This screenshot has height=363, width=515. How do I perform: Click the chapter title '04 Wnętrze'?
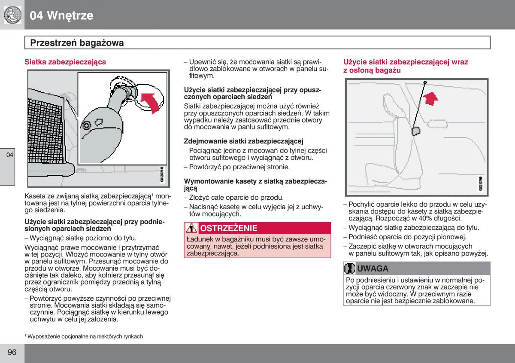coord(61,16)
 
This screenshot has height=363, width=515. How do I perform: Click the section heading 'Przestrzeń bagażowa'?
coord(77,43)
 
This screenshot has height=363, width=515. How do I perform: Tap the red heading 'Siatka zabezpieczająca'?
coord(65,62)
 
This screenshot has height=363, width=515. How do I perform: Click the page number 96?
coord(12,353)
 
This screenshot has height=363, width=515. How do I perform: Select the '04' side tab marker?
coord(10,155)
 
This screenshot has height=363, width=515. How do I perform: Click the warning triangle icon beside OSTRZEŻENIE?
coord(192,228)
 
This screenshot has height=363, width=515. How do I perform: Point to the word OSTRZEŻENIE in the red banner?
coord(229,228)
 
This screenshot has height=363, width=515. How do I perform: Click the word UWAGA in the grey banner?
coord(373,269)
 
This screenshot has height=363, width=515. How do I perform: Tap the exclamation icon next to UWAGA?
coord(350,269)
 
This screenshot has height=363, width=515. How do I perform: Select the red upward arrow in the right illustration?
coord(430,98)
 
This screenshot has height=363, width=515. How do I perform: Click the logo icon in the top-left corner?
coord(12,15)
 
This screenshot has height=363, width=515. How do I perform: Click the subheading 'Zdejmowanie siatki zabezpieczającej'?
coord(244,141)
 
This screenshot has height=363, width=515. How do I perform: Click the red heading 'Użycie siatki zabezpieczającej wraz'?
coord(406,62)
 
